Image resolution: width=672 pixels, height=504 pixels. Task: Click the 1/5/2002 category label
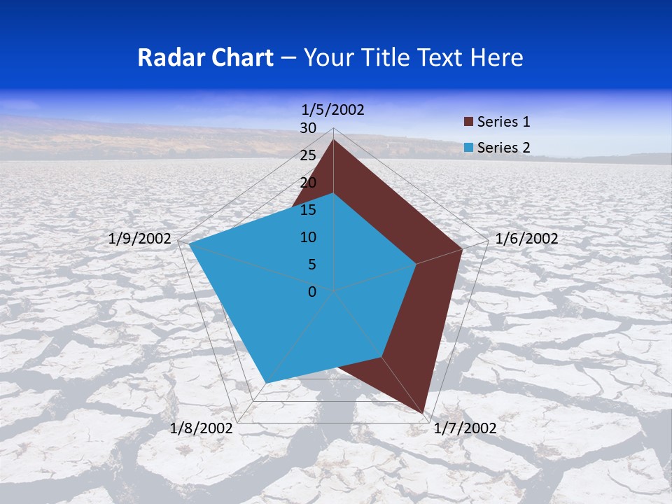(332, 109)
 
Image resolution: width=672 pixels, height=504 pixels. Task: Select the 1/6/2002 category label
(526, 239)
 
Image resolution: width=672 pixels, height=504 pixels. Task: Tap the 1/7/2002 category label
(465, 428)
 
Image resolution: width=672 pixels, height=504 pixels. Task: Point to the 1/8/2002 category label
(201, 428)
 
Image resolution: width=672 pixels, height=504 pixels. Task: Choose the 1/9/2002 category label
(140, 239)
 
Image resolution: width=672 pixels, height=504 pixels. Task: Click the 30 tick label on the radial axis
(308, 128)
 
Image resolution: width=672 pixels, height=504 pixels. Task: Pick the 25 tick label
(308, 155)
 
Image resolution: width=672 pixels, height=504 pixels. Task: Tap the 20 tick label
(308, 183)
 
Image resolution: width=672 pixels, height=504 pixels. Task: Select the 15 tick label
(308, 210)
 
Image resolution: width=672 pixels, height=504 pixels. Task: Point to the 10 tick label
(308, 237)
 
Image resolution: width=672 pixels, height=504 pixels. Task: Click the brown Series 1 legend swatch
(469, 122)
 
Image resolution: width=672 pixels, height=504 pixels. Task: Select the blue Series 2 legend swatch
(469, 148)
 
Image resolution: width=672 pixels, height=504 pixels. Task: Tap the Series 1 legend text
(503, 122)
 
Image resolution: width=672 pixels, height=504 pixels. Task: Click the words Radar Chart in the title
(205, 57)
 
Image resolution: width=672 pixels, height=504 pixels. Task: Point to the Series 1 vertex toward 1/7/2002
(424, 412)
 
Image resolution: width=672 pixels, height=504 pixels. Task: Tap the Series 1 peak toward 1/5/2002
(333, 140)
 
